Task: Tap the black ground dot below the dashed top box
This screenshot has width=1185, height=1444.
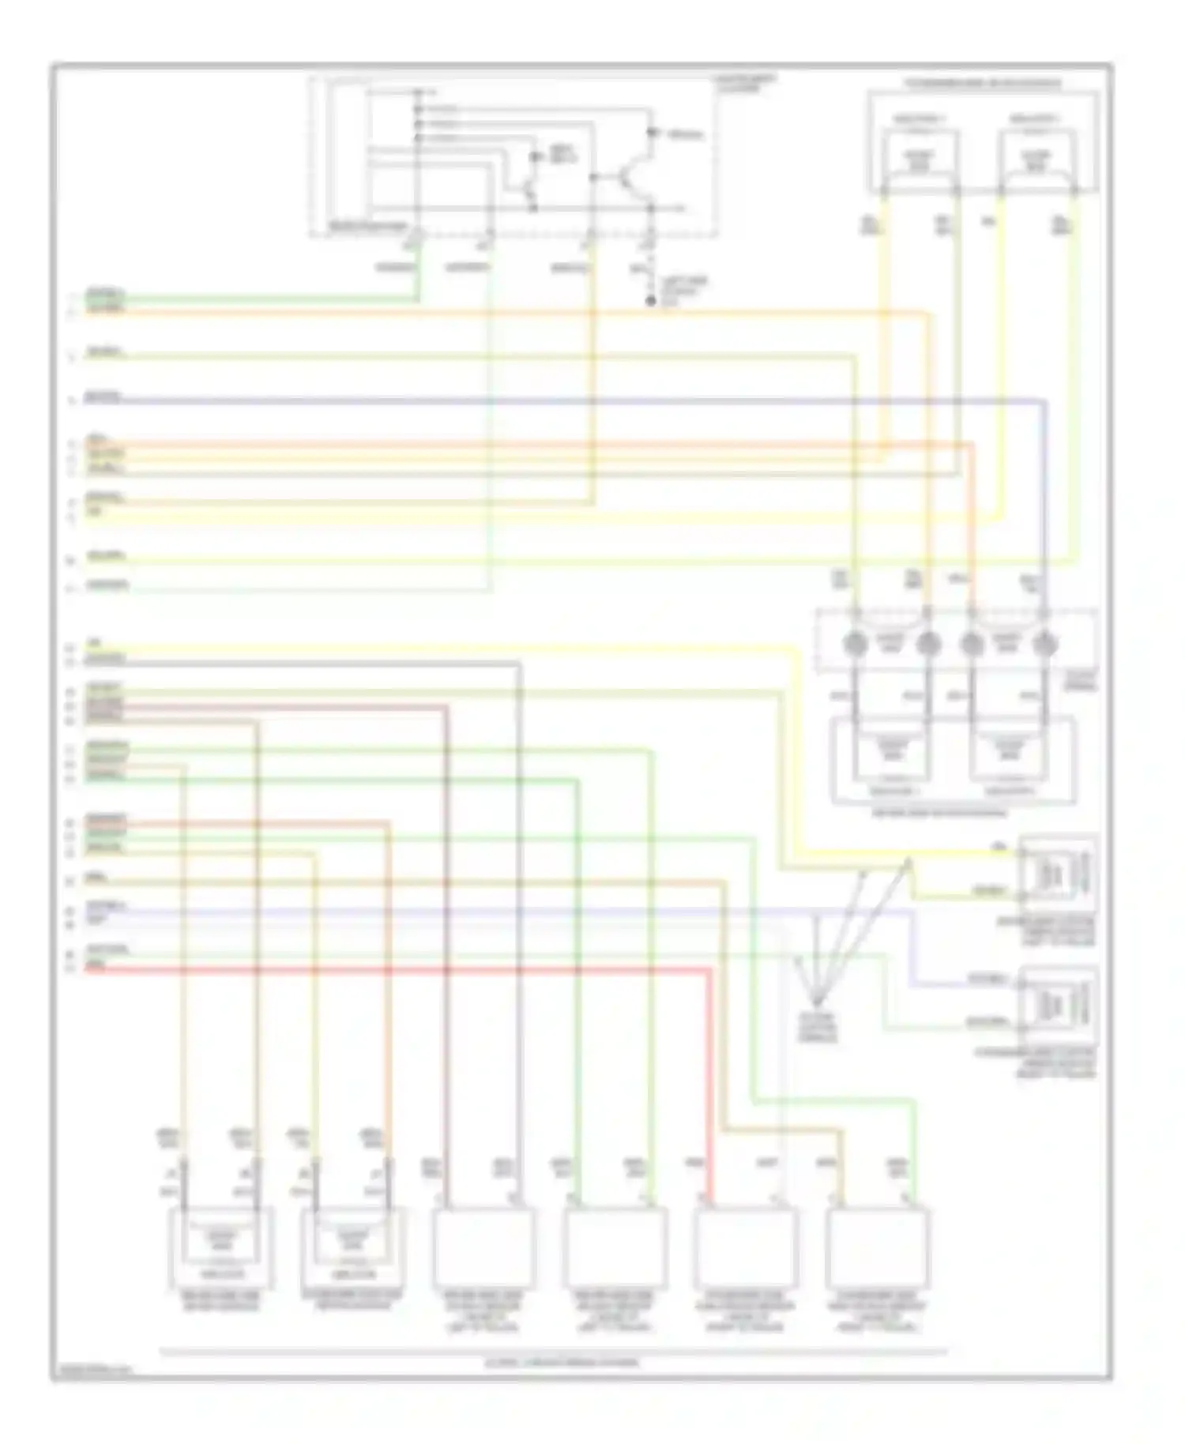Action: [x=651, y=302]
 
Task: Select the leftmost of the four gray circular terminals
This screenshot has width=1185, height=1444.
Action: [x=854, y=645]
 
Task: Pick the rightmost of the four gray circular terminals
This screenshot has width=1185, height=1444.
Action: [x=1044, y=645]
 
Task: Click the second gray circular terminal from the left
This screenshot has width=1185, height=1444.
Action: [x=928, y=645]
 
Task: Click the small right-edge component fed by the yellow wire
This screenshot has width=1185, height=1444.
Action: [x=1057, y=873]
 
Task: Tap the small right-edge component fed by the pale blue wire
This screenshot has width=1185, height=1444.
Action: [x=1057, y=1005]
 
